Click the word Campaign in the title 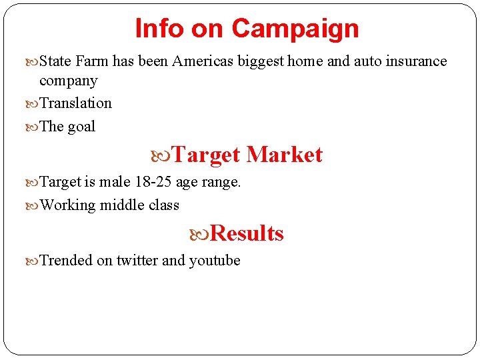point(295,29)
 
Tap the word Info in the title point(160,29)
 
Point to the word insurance point(413,61)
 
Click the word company point(69,81)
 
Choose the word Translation point(76,103)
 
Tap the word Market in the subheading point(285,155)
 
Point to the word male point(115,181)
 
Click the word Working point(68,205)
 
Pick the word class point(164,205)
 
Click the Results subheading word point(247,233)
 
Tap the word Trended point(67,261)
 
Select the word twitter point(137,261)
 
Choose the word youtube point(215,261)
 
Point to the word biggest point(261,61)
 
